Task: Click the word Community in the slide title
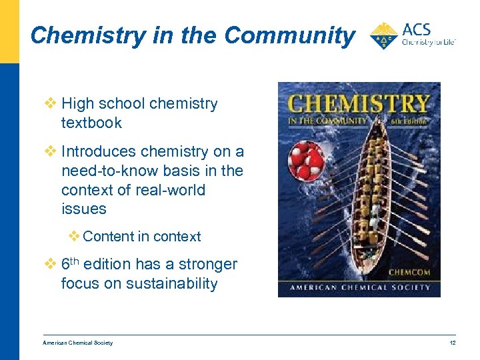click(289, 35)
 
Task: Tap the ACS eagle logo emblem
click(384, 35)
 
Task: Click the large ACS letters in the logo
click(417, 30)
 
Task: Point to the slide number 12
click(451, 343)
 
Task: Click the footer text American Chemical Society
click(77, 343)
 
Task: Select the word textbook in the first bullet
click(91, 123)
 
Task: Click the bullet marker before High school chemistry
click(51, 104)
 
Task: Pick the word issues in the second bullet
click(83, 209)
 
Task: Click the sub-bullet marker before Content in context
click(74, 236)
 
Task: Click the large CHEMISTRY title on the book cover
click(358, 105)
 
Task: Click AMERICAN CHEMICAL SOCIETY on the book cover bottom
click(359, 288)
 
